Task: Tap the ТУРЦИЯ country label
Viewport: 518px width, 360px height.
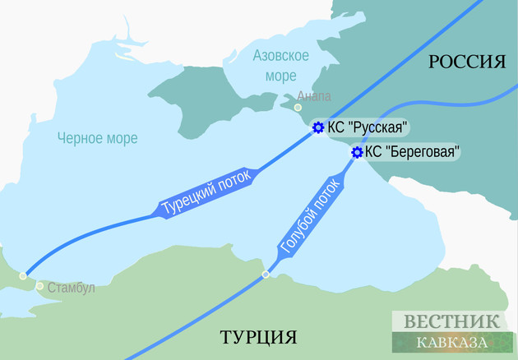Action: (x=257, y=337)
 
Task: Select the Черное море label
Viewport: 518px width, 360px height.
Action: (x=96, y=138)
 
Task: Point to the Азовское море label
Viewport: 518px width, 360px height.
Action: (x=281, y=64)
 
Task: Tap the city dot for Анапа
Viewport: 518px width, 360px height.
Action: (x=298, y=106)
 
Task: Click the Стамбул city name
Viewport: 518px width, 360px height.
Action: (x=72, y=288)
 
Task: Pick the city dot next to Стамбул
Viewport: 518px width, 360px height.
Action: (x=39, y=286)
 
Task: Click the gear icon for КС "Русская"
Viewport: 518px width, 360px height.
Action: (x=318, y=127)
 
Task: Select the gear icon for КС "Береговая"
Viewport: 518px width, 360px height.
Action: (x=357, y=152)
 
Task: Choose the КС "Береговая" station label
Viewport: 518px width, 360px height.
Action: (x=411, y=151)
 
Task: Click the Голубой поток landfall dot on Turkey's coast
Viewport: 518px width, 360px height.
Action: (x=265, y=275)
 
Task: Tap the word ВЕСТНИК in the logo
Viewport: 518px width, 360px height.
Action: (x=451, y=321)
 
